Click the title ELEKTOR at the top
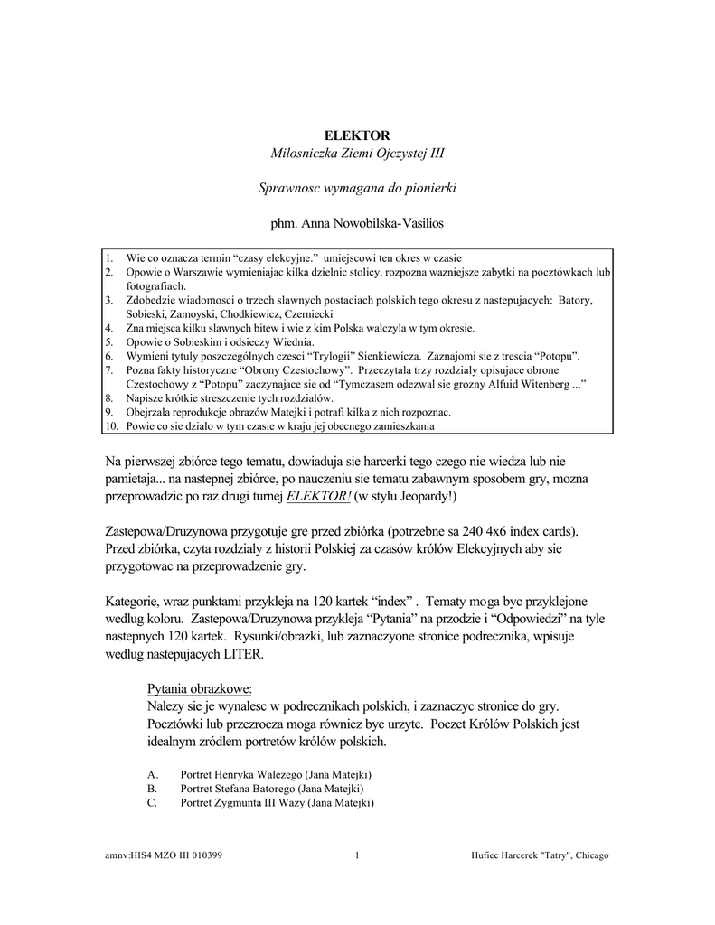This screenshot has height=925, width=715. (x=357, y=135)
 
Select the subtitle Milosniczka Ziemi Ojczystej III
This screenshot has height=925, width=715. (x=357, y=154)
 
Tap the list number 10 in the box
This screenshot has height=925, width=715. (x=111, y=425)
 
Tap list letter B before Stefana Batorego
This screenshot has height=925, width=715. (x=151, y=789)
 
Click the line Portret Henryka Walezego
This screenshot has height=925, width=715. (x=276, y=775)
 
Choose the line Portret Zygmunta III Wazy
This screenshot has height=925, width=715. (x=277, y=802)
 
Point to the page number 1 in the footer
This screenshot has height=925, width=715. (x=358, y=855)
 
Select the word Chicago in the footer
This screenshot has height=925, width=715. (x=591, y=855)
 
